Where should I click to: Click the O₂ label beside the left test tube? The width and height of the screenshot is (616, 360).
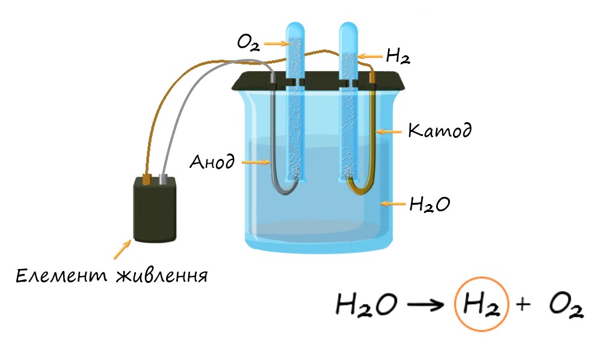point(248,43)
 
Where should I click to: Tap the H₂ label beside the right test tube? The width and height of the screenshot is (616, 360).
point(398,56)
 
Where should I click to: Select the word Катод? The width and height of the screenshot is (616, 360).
point(440,130)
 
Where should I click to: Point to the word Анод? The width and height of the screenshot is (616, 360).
point(212,161)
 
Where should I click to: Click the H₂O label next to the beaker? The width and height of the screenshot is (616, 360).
point(430,204)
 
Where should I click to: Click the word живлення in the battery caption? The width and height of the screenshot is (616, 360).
point(162,276)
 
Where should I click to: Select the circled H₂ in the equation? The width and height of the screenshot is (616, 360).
point(481,305)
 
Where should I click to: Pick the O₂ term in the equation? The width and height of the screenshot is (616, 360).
point(566,306)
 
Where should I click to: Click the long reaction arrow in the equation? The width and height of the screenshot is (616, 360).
point(425,305)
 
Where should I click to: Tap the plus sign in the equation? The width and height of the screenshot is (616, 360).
point(523,304)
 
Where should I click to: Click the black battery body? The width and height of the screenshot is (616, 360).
point(155,209)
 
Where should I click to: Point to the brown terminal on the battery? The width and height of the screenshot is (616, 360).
point(146,179)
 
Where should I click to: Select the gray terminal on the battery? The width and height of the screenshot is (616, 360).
point(163,179)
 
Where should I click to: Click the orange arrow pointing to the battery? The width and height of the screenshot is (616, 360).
point(122,250)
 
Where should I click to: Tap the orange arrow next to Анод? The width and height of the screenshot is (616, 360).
point(256,162)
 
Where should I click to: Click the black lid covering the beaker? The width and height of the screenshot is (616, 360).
point(318,81)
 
